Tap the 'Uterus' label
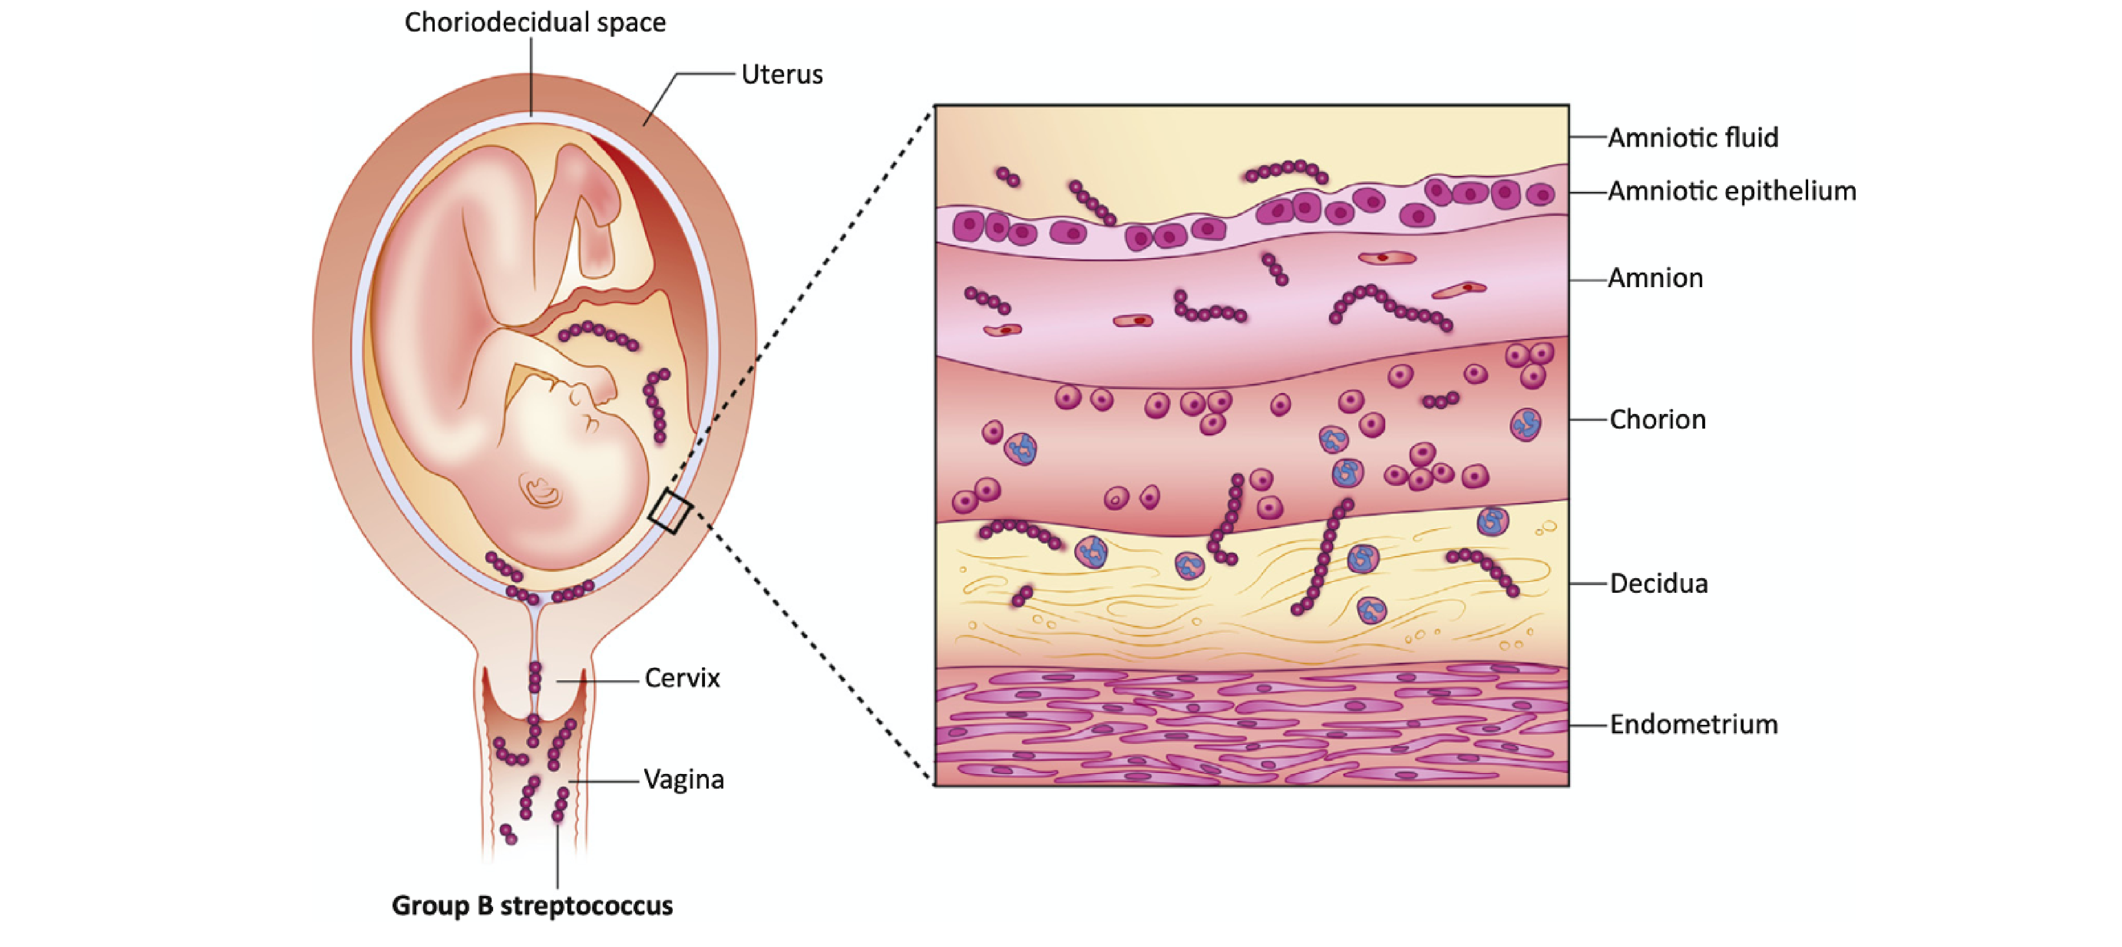click(x=782, y=74)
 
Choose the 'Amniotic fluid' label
click(x=1693, y=137)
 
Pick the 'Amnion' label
click(x=1656, y=278)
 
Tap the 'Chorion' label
click(x=1658, y=419)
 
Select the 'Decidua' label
click(x=1659, y=584)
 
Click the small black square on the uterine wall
click(x=670, y=512)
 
